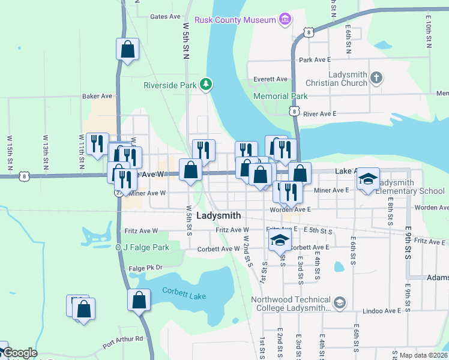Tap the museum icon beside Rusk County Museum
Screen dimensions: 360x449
286,20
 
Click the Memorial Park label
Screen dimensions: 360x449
280,96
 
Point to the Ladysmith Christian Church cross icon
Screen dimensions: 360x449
376,77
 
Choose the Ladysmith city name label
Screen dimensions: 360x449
218,215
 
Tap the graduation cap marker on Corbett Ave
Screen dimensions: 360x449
279,241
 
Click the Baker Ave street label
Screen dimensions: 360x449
97,96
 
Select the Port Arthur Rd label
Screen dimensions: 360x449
122,342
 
